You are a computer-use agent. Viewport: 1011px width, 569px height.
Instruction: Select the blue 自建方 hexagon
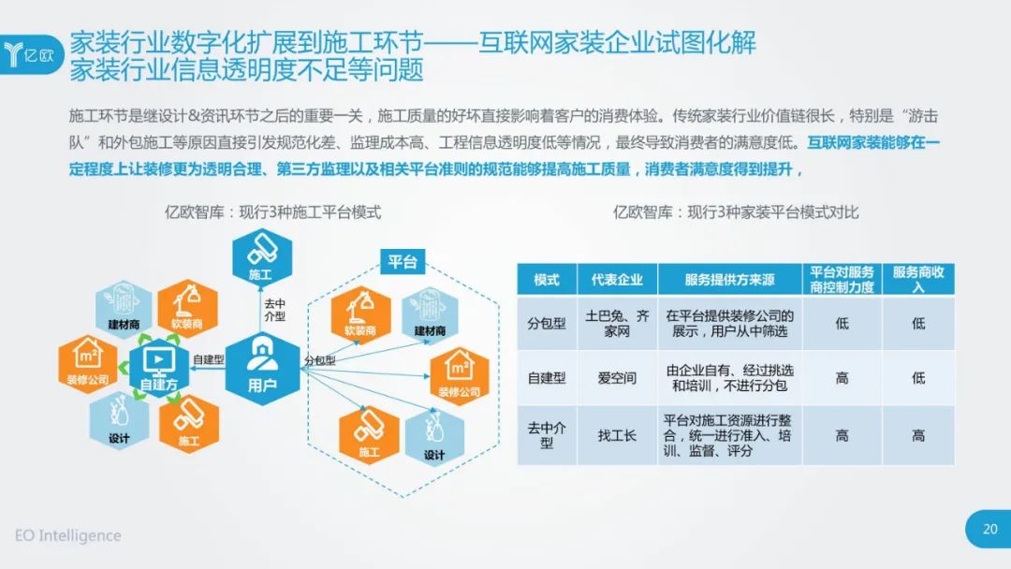pyautogui.click(x=158, y=368)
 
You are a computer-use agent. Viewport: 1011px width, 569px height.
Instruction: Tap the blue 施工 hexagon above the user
pyautogui.click(x=262, y=257)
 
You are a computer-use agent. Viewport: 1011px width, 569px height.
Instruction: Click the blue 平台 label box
pyautogui.click(x=403, y=262)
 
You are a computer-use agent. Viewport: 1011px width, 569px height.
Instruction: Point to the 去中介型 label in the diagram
pyautogui.click(x=274, y=310)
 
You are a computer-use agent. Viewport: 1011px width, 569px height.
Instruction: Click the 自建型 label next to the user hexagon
pyautogui.click(x=208, y=359)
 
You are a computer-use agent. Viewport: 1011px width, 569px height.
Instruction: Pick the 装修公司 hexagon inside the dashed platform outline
pyautogui.click(x=459, y=376)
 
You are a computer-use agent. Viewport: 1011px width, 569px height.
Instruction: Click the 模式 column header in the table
pyautogui.click(x=547, y=280)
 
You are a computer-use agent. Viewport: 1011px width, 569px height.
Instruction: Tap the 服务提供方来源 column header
pyautogui.click(x=729, y=280)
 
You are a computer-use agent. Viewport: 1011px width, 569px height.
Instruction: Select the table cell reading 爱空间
pyautogui.click(x=617, y=378)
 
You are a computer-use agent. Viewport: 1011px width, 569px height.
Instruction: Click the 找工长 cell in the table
pyautogui.click(x=617, y=435)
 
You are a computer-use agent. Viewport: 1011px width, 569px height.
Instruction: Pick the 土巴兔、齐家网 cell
pyautogui.click(x=617, y=324)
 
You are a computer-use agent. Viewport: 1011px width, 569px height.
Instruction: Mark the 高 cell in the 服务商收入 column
pyautogui.click(x=918, y=435)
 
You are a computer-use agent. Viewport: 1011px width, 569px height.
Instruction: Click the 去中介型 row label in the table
pyautogui.click(x=547, y=435)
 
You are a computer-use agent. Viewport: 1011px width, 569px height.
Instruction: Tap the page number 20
pyautogui.click(x=990, y=529)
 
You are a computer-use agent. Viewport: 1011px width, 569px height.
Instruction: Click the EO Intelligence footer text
pyautogui.click(x=67, y=535)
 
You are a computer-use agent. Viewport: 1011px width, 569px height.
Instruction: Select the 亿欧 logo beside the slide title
pyautogui.click(x=31, y=55)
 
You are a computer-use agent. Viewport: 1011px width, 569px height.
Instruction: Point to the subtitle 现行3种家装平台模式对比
pyautogui.click(x=771, y=212)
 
